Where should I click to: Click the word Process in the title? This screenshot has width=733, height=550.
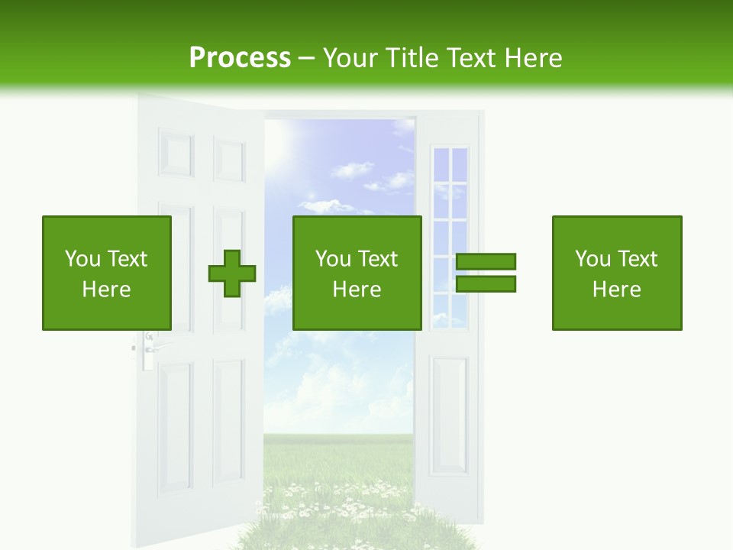pyautogui.click(x=240, y=58)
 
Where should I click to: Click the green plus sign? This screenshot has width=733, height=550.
pyautogui.click(x=232, y=273)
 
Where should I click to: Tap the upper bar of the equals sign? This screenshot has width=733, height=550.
pyautogui.click(x=486, y=262)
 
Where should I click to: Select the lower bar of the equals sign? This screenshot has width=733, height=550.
pyautogui.click(x=486, y=284)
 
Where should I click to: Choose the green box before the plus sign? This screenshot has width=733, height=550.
pyautogui.click(x=107, y=273)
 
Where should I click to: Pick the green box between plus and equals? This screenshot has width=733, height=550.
pyautogui.click(x=357, y=273)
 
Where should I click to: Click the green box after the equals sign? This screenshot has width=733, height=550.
pyautogui.click(x=617, y=273)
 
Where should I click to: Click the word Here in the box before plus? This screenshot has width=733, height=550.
pyautogui.click(x=107, y=290)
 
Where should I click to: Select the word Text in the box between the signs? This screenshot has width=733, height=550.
pyautogui.click(x=377, y=260)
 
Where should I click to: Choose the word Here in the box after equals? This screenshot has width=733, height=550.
pyautogui.click(x=617, y=290)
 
